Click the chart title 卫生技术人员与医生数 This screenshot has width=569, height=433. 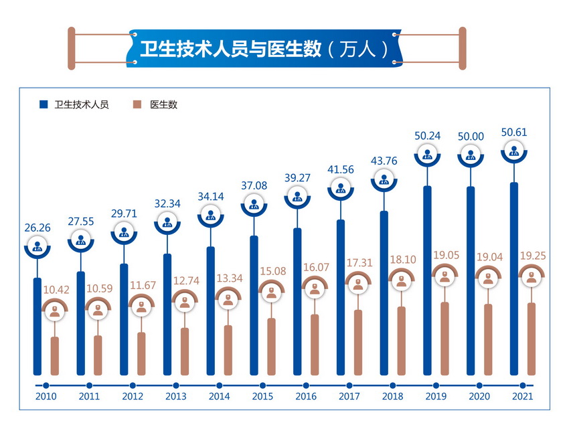(230, 49)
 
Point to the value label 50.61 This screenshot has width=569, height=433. (513, 132)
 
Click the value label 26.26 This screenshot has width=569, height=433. (37, 227)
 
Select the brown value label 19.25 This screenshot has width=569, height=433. (532, 254)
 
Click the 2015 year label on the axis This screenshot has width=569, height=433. (262, 397)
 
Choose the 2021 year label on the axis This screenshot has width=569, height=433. (522, 397)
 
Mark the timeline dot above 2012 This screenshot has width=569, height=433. (133, 385)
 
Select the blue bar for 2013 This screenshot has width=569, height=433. (167, 315)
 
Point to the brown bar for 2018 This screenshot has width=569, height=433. (402, 341)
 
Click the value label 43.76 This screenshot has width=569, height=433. (384, 160)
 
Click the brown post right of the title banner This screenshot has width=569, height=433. (462, 48)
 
